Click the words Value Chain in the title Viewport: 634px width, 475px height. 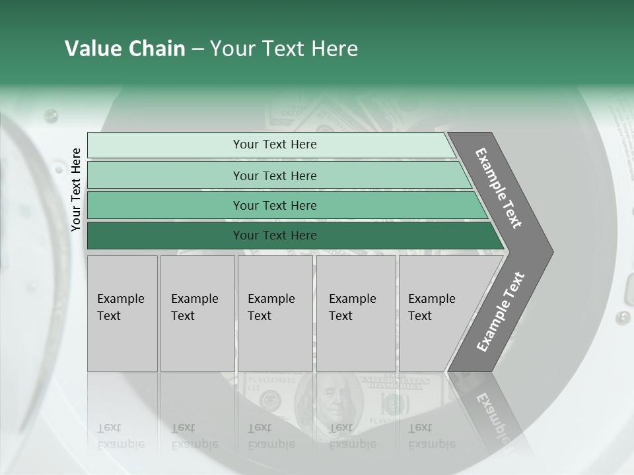(x=125, y=49)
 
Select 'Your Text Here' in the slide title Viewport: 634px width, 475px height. (x=284, y=49)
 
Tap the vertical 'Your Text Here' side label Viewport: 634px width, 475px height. (x=77, y=190)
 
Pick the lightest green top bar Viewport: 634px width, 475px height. (x=274, y=144)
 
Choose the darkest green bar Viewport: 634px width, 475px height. (x=274, y=236)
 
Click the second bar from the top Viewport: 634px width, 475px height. (x=274, y=175)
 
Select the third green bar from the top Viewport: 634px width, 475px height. (x=274, y=206)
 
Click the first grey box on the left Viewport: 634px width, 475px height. (x=122, y=313)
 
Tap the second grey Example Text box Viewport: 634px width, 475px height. (x=197, y=313)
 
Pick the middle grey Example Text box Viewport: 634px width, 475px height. (x=275, y=313)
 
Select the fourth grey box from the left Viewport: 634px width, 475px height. (x=356, y=313)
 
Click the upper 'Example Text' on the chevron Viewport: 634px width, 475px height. (x=499, y=188)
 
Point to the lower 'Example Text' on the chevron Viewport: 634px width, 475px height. (x=500, y=312)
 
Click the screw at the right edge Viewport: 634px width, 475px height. (x=622, y=317)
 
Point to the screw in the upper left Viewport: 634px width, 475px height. (x=51, y=117)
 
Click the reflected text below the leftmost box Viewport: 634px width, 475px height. (x=120, y=436)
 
